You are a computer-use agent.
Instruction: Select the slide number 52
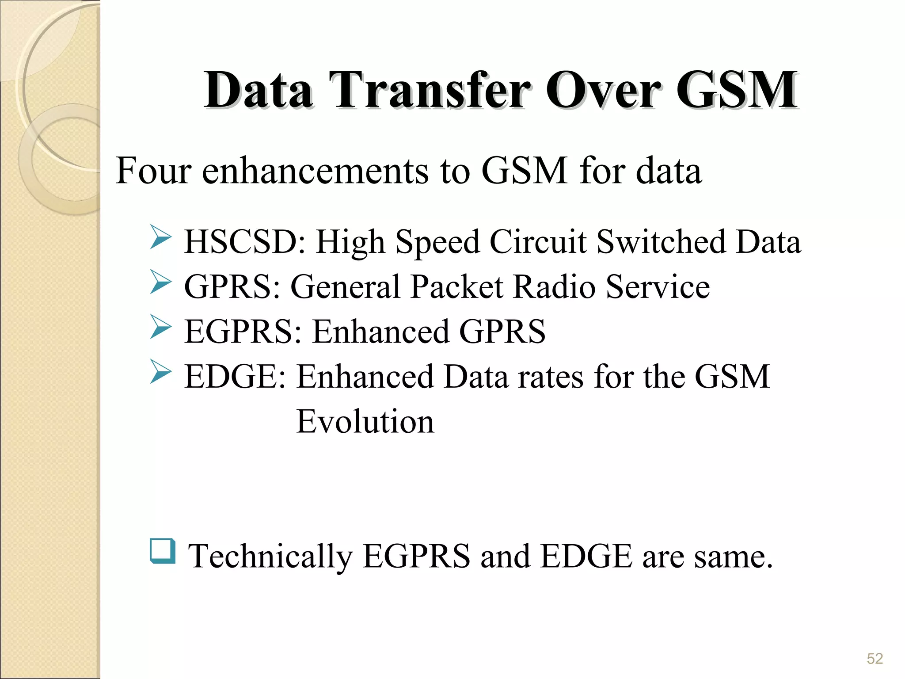point(875,659)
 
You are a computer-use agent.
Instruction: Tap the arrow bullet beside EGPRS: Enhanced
point(160,327)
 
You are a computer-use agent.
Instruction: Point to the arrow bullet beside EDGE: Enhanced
point(160,371)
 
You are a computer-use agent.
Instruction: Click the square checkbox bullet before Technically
point(162,551)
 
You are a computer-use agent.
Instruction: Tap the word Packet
point(456,287)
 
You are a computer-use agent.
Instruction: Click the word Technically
point(270,557)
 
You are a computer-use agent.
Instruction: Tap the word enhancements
point(315,171)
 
